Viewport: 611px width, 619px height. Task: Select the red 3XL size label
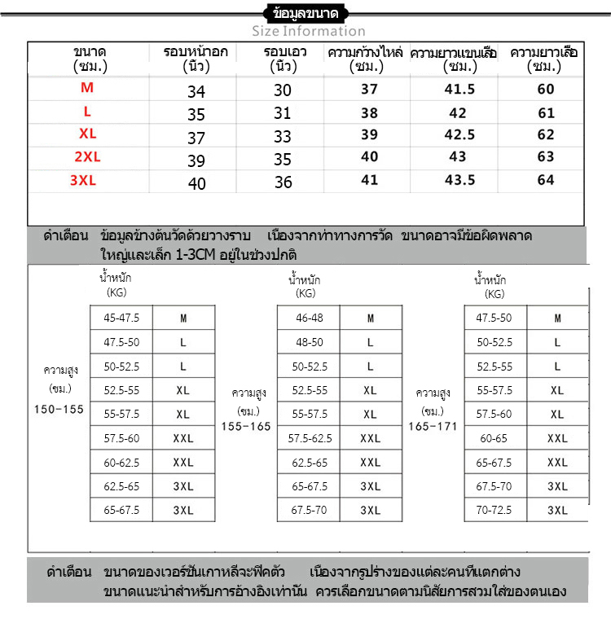[x=83, y=181]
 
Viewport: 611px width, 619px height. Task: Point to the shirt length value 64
[x=546, y=180]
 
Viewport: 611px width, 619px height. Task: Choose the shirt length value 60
[x=546, y=90]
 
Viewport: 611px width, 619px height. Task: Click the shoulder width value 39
[x=369, y=134]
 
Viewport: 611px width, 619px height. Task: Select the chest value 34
[x=196, y=92]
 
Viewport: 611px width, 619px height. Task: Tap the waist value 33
[x=283, y=138]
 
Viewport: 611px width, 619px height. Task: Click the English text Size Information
[x=308, y=31]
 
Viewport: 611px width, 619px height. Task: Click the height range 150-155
[x=59, y=409]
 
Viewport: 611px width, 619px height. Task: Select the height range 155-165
[x=246, y=426]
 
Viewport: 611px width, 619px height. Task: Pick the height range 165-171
[x=433, y=426]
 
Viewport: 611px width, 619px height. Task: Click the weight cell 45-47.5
[x=121, y=318]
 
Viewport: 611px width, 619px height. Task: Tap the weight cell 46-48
[x=309, y=318]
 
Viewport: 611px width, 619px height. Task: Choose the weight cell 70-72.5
[x=495, y=510]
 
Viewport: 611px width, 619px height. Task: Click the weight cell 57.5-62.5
[x=310, y=438]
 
